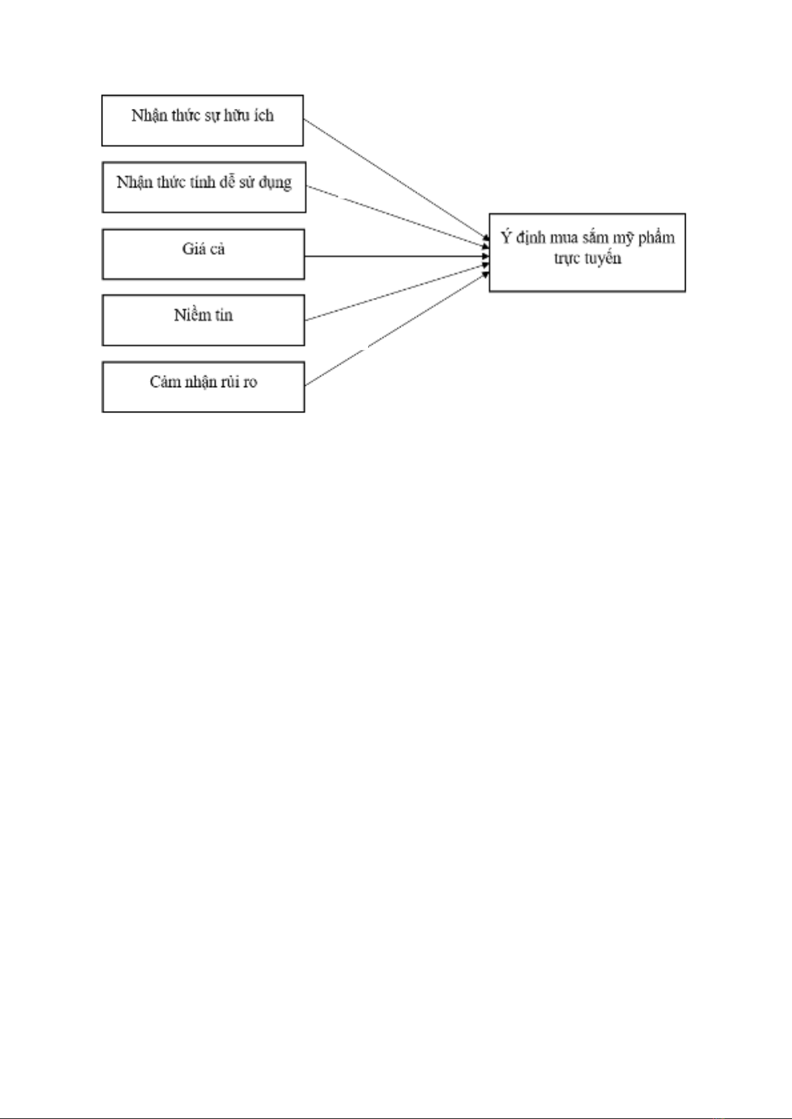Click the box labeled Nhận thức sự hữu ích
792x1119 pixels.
point(203,120)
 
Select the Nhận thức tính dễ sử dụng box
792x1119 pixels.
point(204,187)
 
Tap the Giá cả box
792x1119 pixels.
point(203,254)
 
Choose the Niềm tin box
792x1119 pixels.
point(203,320)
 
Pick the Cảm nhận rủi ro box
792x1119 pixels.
point(203,387)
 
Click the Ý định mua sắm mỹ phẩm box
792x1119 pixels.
point(587,253)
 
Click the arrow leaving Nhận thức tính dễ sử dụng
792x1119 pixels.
point(398,216)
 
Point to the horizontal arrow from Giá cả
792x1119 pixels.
point(397,256)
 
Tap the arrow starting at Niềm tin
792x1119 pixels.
point(397,293)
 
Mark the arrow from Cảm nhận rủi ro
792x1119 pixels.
point(397,329)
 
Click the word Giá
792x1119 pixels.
point(191,249)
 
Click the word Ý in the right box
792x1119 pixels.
point(506,237)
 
